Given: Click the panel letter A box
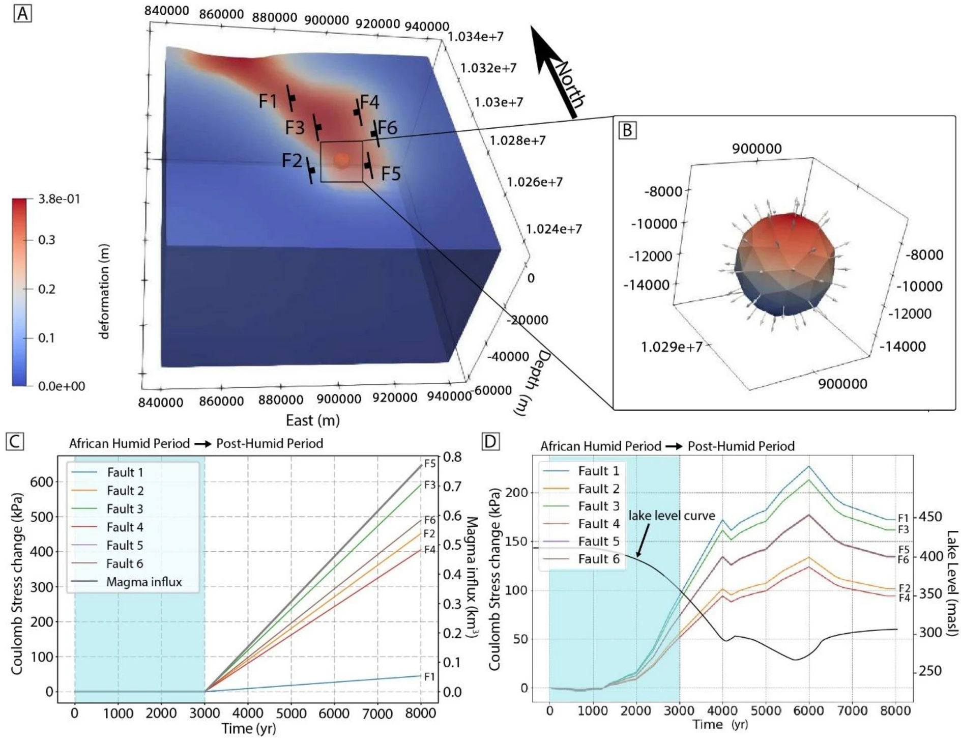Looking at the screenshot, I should click(22, 13).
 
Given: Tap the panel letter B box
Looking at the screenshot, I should click(627, 130).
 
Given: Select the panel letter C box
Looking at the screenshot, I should click(15, 441).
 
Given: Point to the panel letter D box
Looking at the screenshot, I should click(490, 441).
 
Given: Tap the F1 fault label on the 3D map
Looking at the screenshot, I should click(268, 101).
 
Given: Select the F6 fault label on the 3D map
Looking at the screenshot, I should click(388, 128).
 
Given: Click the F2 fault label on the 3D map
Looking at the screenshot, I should click(292, 161).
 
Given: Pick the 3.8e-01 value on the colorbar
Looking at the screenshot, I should click(59, 199).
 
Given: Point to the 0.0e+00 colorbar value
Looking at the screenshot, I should click(62, 386).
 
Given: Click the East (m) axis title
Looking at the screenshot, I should click(312, 420).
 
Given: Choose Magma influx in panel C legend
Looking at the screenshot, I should click(144, 582).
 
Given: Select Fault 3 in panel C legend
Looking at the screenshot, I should click(125, 509).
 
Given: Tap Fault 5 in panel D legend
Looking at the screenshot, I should click(599, 541).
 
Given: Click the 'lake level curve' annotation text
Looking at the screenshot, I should click(672, 516).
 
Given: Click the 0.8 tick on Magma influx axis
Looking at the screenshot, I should click(452, 457).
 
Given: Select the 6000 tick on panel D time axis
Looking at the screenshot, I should click(809, 711).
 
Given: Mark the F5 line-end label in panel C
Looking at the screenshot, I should click(430, 464).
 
